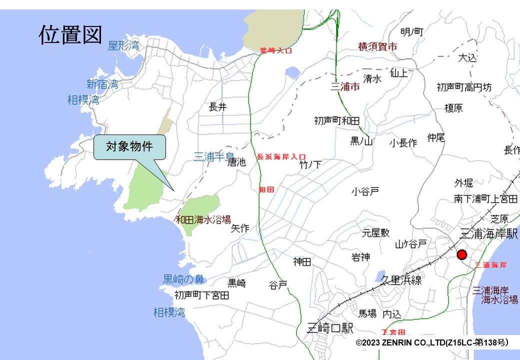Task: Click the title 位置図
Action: point(70,35)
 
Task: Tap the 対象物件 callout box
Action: point(129,147)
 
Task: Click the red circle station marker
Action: point(461,254)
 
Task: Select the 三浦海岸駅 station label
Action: point(488,233)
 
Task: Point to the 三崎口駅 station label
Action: point(330,328)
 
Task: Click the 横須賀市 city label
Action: point(377,46)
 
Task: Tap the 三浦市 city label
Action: point(345,87)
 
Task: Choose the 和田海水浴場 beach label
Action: point(203,219)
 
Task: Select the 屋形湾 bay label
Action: point(124,46)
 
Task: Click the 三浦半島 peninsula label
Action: point(213,157)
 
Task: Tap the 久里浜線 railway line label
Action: point(401,280)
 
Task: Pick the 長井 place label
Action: point(218,106)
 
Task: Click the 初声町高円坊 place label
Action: point(464,87)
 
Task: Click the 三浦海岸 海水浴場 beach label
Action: point(494,295)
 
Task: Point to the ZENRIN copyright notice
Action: point(432,342)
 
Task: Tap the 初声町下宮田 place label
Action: point(202,295)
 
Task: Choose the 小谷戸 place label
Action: point(365,191)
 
